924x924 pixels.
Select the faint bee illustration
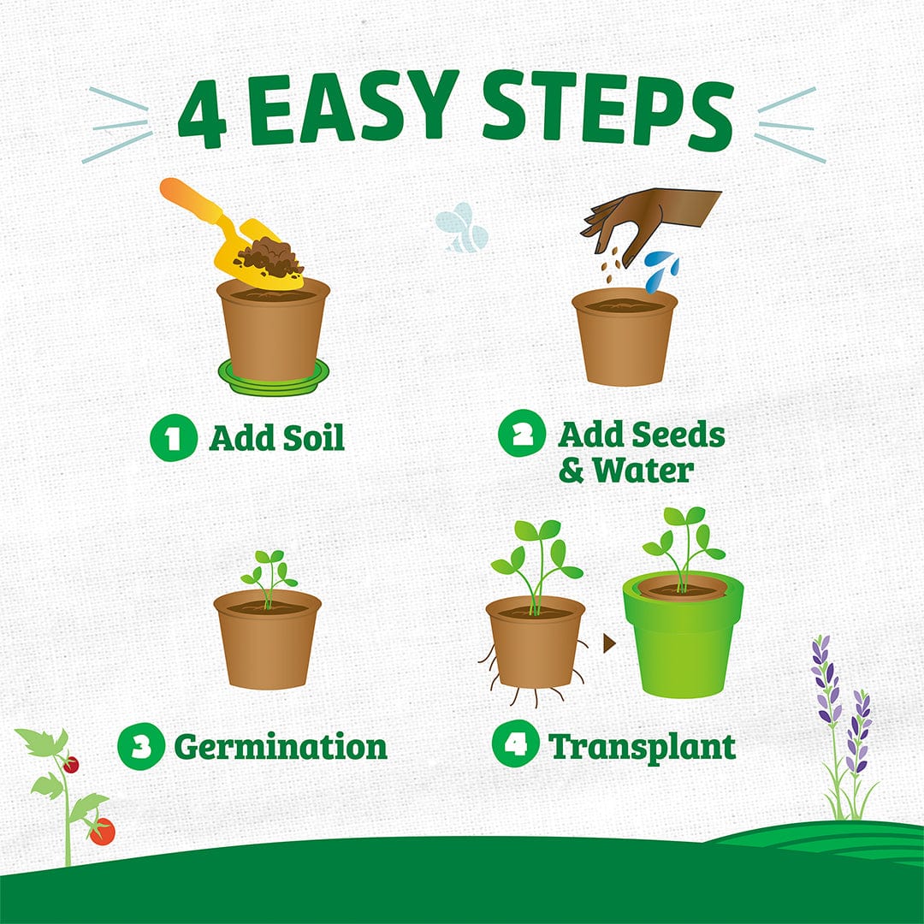(463, 228)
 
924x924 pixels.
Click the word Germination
(281, 747)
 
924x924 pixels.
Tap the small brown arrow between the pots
(609, 643)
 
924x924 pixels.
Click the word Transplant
(642, 747)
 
